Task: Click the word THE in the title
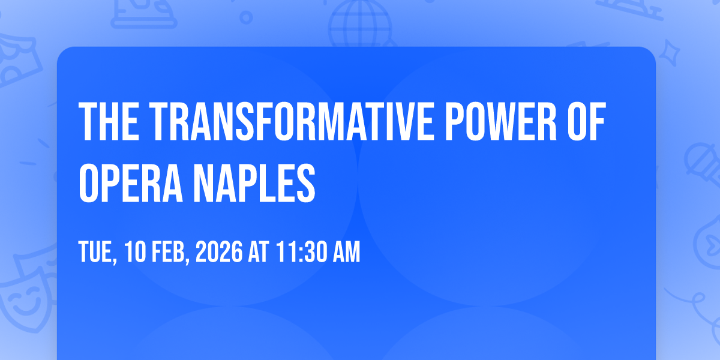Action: click(109, 121)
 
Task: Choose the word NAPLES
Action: click(254, 182)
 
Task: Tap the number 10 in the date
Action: click(136, 251)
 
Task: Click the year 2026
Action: click(219, 251)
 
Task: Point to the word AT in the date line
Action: click(259, 251)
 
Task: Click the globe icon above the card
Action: click(360, 24)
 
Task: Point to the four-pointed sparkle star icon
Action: click(669, 53)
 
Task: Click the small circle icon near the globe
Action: click(246, 17)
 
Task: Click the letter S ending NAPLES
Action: click(305, 182)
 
